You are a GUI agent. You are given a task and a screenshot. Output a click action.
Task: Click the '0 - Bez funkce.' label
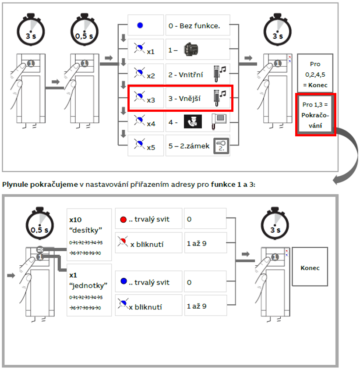[x=194, y=26]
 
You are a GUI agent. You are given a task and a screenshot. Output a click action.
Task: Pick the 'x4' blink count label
[x=151, y=124]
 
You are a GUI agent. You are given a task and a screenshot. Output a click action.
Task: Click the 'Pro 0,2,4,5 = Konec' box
[x=315, y=72]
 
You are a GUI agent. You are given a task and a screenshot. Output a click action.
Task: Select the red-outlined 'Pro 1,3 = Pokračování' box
[x=315, y=114]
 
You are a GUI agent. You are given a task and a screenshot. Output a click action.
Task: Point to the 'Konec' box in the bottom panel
[x=310, y=267]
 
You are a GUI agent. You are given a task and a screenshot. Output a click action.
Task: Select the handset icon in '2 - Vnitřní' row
[x=219, y=73]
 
